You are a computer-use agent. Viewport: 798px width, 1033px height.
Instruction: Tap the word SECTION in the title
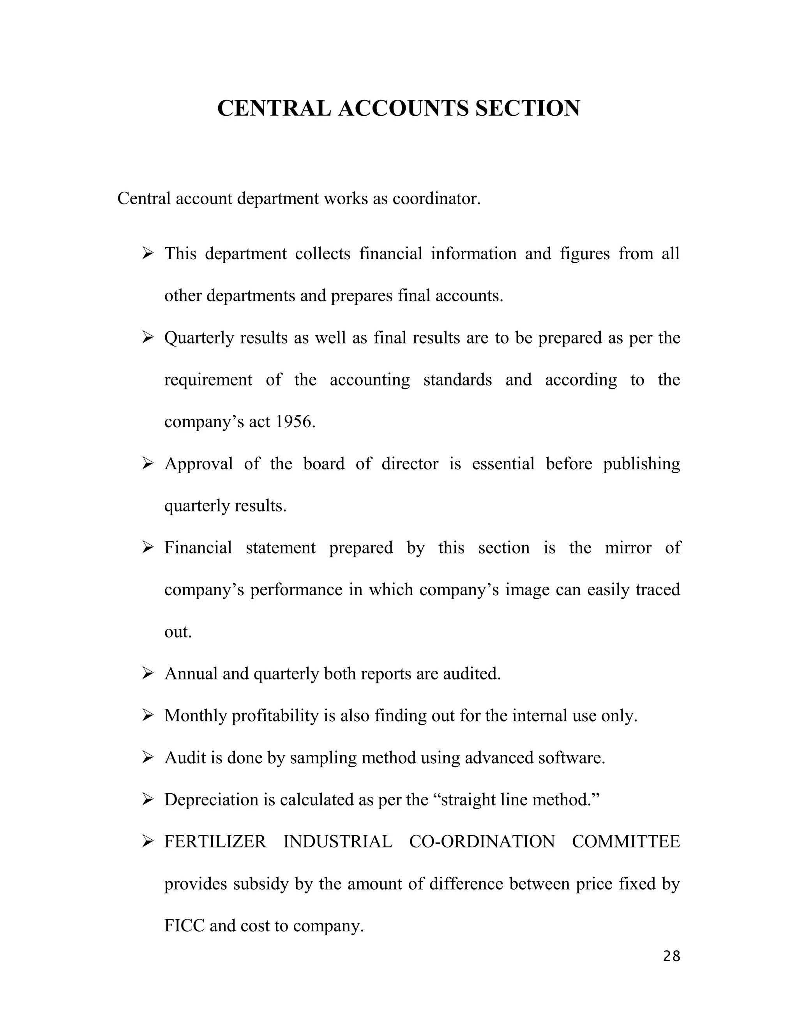528,108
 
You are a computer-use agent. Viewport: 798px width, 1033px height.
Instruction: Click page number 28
671,956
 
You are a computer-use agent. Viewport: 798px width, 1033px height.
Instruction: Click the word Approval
199,463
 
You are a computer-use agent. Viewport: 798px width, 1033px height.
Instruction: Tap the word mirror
628,548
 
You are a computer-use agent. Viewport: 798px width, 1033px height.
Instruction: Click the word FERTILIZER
215,842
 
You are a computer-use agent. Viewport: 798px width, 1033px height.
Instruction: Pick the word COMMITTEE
625,842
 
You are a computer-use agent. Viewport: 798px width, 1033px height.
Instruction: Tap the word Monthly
196,716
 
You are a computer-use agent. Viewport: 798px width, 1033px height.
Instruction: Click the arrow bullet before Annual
148,674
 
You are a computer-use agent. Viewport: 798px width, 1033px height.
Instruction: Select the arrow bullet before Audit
148,758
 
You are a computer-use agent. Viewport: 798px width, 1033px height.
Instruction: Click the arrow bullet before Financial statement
148,548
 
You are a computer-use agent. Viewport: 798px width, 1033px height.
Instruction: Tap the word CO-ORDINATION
482,842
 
